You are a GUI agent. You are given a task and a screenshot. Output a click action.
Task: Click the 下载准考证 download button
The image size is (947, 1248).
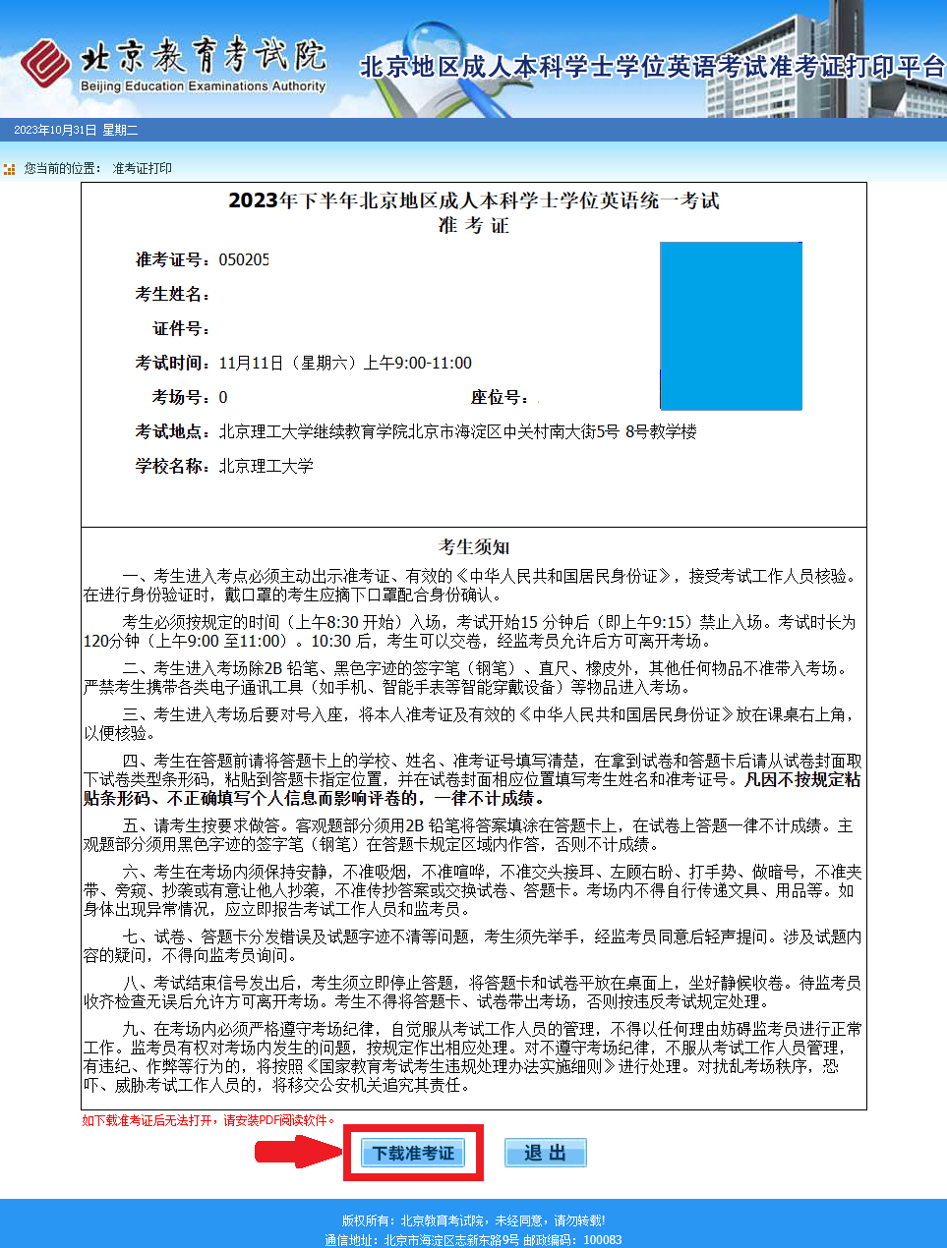413,1153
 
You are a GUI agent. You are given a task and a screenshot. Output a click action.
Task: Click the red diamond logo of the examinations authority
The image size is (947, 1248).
45,64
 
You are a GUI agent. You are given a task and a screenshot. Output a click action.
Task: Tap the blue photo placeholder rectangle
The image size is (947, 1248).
731,325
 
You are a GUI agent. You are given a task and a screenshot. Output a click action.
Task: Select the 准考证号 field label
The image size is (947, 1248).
173,260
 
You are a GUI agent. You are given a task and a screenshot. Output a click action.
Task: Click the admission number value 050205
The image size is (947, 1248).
244,260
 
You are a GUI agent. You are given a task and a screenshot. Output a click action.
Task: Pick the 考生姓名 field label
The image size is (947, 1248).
173,295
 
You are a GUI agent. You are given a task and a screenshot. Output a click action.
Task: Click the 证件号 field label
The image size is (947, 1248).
181,329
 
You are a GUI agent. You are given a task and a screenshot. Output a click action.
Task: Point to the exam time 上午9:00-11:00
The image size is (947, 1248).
418,364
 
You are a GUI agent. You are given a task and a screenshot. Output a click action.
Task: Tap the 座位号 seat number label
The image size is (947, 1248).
500,398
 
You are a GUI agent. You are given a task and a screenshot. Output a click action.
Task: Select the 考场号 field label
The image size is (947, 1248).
181,398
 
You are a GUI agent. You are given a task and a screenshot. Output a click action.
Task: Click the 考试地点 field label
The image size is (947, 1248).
173,432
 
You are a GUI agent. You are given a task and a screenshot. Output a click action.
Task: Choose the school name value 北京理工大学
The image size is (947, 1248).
266,467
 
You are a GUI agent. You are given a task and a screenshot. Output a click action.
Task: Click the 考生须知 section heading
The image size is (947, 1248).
474,547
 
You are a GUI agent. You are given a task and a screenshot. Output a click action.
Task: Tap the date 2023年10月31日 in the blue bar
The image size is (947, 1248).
55,130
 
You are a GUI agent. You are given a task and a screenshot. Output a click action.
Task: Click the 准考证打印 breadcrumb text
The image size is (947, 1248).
143,169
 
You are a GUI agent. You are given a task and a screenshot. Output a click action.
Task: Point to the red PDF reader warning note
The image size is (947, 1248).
209,1120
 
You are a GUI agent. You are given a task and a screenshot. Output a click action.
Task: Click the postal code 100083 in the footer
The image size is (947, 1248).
603,1240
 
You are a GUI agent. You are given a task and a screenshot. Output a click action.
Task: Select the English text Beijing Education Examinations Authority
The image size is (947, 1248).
203,86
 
